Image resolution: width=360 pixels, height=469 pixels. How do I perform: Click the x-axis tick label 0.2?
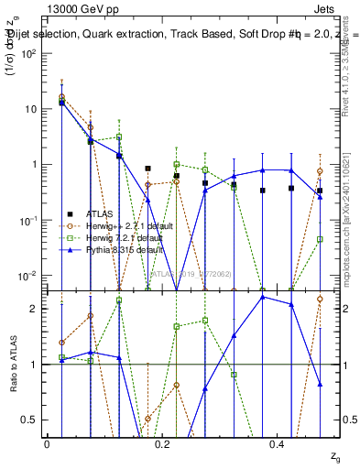tap(162, 445)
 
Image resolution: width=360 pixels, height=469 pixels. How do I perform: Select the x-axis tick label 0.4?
tap(278, 445)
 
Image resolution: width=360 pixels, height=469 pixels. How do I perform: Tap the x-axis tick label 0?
tap(47, 445)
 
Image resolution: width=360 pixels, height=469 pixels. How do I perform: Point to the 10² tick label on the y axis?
tap(27, 53)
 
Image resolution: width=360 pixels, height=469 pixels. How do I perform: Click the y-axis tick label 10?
tap(30, 109)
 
